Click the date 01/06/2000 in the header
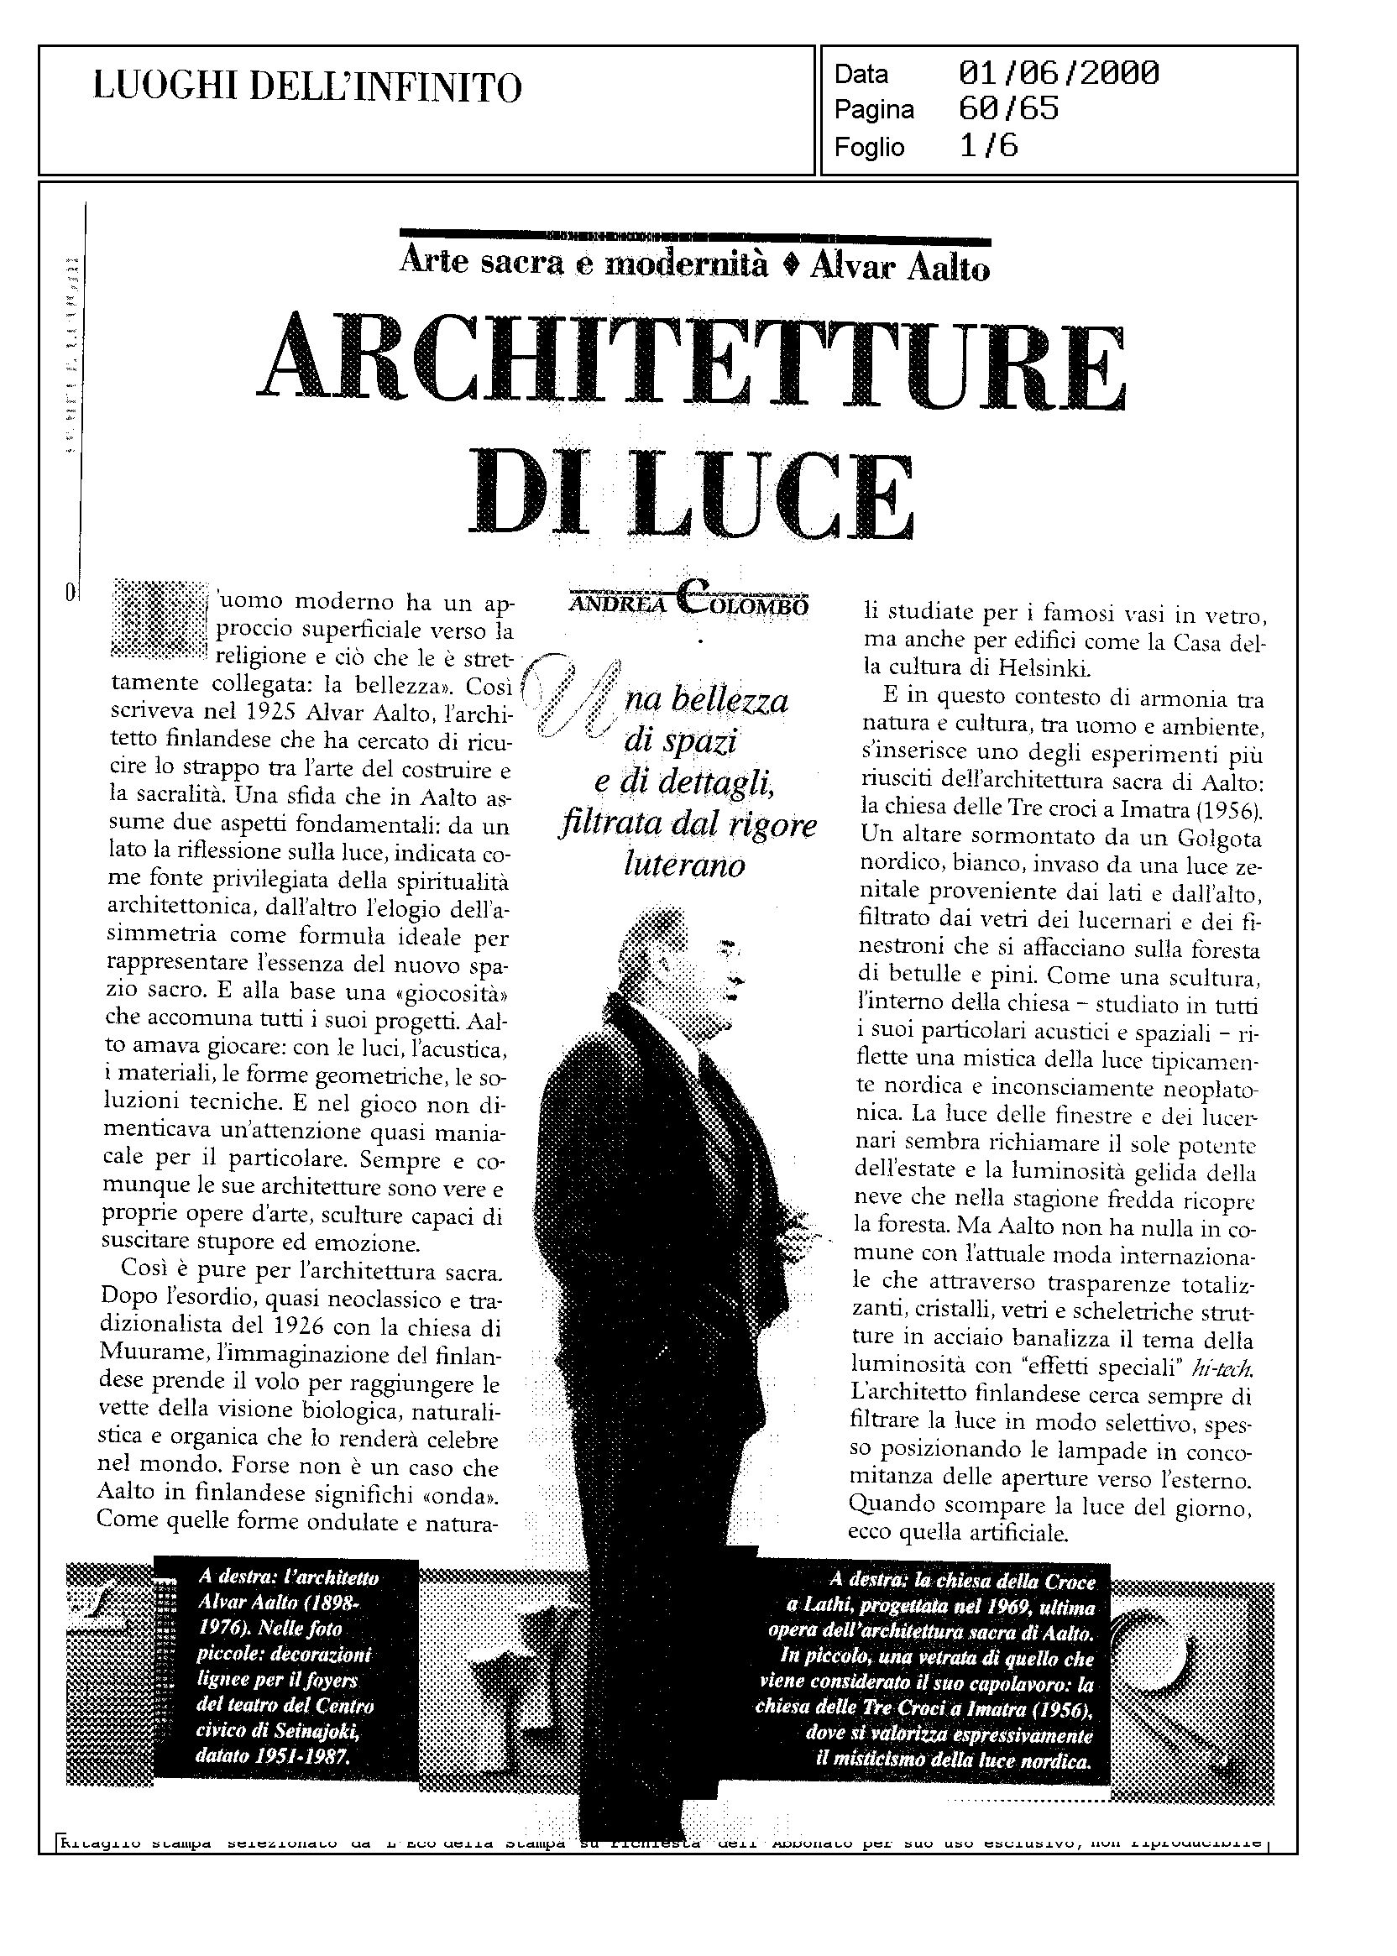[x=1058, y=74]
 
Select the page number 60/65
[x=1008, y=110]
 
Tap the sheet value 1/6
[x=988, y=146]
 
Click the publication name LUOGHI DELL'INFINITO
[x=307, y=88]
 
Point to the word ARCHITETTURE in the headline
[x=693, y=362]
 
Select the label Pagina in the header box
[x=874, y=111]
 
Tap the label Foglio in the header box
[x=869, y=147]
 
